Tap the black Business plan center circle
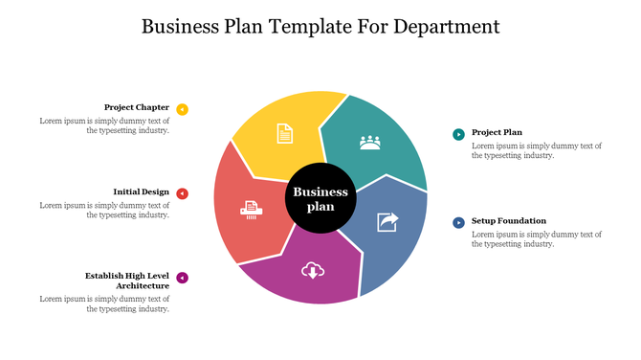click(320, 199)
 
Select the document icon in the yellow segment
click(284, 133)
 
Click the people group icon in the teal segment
click(369, 143)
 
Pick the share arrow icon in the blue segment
click(388, 222)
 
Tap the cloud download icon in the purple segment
click(312, 270)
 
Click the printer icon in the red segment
click(252, 207)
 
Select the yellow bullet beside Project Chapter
click(183, 109)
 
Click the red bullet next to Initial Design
click(183, 193)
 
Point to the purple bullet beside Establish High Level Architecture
click(183, 279)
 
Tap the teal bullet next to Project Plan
click(458, 134)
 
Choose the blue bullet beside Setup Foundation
click(458, 222)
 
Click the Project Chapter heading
click(137, 107)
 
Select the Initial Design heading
click(141, 191)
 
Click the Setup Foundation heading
click(509, 220)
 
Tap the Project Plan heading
click(497, 132)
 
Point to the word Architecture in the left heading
click(143, 285)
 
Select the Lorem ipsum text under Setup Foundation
click(537, 238)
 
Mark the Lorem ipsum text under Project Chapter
click(104, 125)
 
